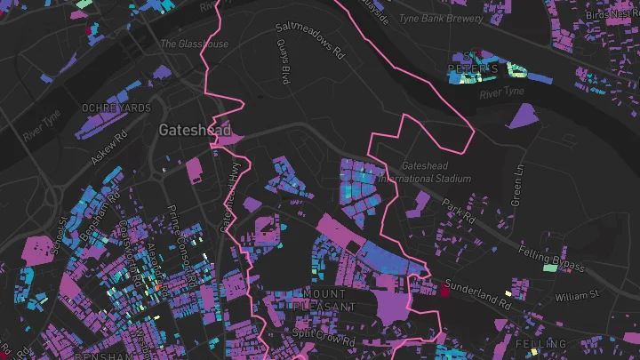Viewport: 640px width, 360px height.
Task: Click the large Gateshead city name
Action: tap(188, 130)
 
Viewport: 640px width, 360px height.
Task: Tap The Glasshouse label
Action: tap(193, 44)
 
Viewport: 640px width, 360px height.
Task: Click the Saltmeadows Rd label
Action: tap(309, 40)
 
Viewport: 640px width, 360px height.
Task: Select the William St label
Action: tap(578, 295)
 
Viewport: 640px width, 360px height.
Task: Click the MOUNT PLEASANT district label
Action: tap(329, 300)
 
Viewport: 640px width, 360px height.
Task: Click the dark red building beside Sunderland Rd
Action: tap(445, 288)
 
